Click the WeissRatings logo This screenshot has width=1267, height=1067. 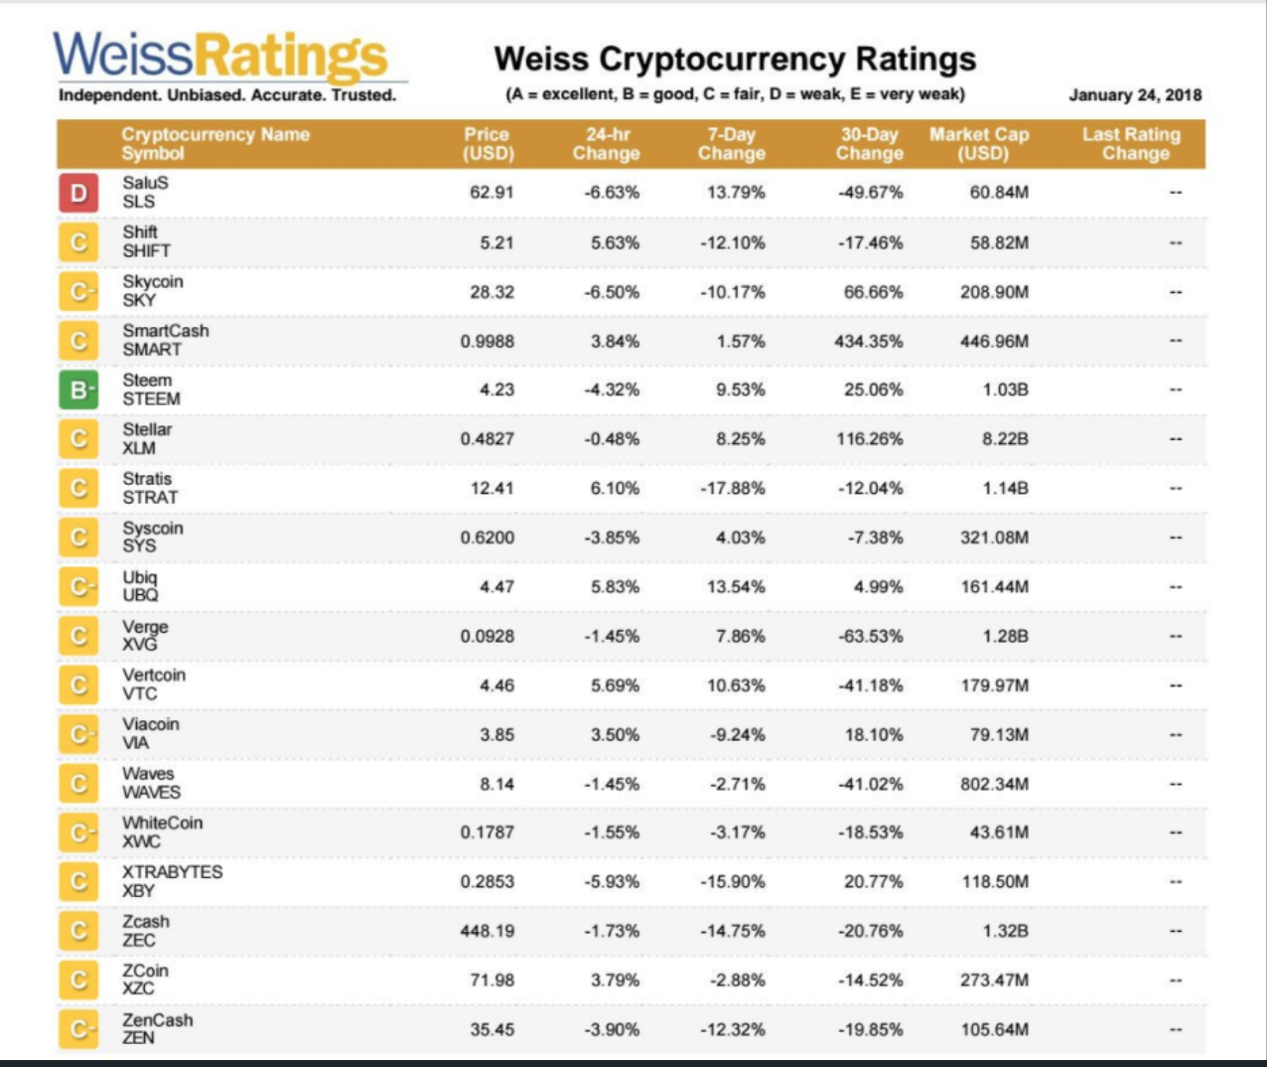coord(220,58)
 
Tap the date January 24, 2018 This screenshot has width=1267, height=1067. coord(1135,95)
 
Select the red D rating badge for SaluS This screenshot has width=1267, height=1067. coord(78,193)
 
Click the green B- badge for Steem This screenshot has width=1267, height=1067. coord(78,389)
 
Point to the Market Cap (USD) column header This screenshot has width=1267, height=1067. coord(978,144)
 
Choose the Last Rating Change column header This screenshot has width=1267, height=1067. coord(1131,144)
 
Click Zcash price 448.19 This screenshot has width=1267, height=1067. coord(488,931)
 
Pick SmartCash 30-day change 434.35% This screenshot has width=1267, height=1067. coord(869,341)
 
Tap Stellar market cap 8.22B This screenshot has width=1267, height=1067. coord(1005,439)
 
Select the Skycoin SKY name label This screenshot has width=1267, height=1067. coord(153,291)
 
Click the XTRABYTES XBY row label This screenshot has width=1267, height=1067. coord(172,881)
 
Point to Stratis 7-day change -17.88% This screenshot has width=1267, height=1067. coord(733,488)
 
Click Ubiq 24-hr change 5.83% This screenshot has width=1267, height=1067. coord(615,587)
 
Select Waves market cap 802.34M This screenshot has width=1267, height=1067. coord(994,784)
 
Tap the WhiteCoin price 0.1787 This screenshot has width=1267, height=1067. coord(488,833)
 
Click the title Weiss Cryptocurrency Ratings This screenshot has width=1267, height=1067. coord(735,60)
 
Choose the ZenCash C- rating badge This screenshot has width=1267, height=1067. coord(78,1029)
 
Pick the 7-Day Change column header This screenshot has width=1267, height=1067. coord(732,144)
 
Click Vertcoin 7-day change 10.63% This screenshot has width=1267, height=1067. coord(736,686)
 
